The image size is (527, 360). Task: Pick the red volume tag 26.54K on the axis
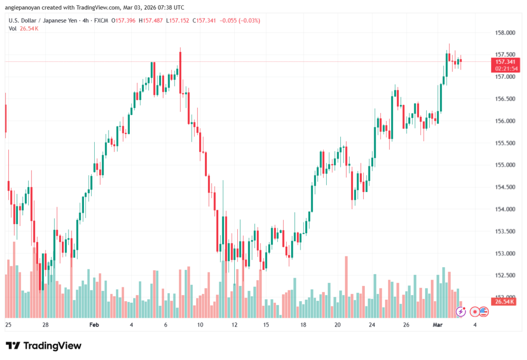(502, 301)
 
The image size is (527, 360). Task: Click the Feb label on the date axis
(94, 325)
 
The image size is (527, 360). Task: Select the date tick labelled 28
(45, 325)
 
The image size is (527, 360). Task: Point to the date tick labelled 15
(266, 325)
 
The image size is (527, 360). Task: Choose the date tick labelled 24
(372, 325)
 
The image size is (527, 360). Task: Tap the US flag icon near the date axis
(483, 311)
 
